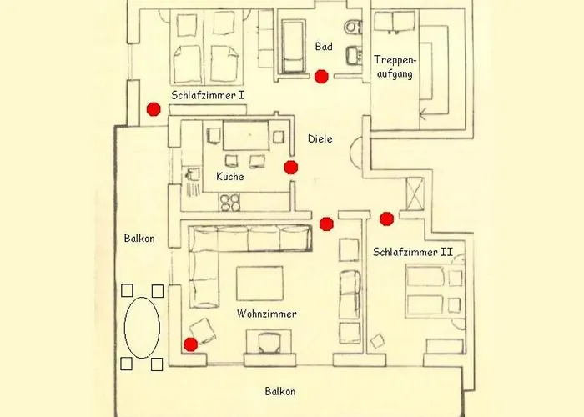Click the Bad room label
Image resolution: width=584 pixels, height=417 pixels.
coord(324,47)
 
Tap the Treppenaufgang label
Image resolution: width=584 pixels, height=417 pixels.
coord(394,67)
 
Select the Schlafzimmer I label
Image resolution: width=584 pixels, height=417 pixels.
coord(208,96)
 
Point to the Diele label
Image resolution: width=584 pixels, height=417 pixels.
coord(320,138)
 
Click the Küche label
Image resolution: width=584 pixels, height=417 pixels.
coord(229,177)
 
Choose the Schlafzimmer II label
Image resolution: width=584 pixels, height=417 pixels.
coord(413,251)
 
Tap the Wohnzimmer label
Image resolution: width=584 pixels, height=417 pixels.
coord(267,314)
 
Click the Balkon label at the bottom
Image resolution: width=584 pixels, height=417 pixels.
coord(279,391)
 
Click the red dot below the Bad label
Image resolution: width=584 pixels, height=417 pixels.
coord(321,78)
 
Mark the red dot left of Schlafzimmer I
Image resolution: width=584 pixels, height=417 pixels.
coord(153,108)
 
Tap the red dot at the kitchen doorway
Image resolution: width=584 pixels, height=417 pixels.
coord(290,167)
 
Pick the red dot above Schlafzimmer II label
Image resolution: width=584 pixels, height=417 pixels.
coord(386,219)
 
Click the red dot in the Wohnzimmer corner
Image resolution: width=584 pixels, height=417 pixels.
coord(191,344)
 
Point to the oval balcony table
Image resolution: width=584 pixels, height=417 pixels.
coord(142,327)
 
